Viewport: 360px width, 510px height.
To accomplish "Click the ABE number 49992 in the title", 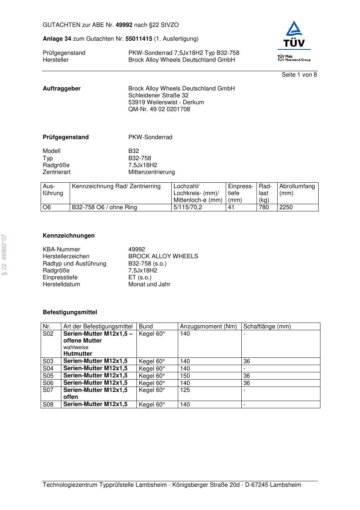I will [124, 25].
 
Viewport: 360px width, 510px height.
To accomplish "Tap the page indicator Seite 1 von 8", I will [299, 75].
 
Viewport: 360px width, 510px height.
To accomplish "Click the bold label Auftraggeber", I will [62, 89].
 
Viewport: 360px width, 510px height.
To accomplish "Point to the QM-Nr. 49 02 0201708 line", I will [159, 109].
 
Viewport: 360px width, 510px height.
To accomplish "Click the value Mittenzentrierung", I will [151, 172].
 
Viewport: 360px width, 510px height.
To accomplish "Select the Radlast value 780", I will [264, 207].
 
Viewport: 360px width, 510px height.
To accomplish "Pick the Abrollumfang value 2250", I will [286, 207].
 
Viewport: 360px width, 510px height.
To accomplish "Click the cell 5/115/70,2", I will [188, 207].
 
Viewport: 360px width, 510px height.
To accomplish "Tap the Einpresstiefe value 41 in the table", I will [231, 207].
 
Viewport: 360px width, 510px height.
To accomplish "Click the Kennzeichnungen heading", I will [69, 236].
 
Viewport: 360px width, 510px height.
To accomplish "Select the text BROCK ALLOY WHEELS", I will [163, 256].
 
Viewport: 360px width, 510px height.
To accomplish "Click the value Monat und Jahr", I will [149, 284].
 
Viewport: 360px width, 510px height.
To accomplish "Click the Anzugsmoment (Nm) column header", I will [208, 327].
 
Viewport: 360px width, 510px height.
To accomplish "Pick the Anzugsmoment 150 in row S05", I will [185, 376].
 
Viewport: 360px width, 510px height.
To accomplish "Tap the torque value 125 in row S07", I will [185, 390].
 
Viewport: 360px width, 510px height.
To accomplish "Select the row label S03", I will [48, 361].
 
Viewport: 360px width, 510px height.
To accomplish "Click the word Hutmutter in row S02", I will [78, 354].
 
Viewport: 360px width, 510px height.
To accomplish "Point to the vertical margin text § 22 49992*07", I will [4, 255].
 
